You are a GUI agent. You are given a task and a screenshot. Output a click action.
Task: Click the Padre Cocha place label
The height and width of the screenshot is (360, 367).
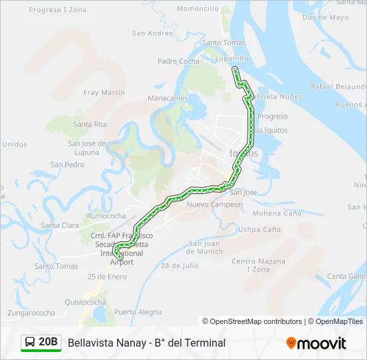pos(178,61)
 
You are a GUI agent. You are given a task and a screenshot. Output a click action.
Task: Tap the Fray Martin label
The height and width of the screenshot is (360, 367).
pos(104,93)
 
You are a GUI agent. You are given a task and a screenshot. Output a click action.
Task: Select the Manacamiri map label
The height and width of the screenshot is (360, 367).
pos(167,98)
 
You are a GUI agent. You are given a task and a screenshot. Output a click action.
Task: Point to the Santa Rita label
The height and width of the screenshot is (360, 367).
pos(90,124)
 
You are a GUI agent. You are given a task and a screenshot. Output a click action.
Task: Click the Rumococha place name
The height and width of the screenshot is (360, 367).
pos(107,216)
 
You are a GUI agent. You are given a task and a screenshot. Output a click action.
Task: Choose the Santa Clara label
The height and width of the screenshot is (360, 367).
pos(60,225)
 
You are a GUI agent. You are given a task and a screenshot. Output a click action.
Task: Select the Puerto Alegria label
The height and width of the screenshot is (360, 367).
pos(137,312)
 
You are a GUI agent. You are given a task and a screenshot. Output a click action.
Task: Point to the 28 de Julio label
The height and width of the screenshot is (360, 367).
pos(179,265)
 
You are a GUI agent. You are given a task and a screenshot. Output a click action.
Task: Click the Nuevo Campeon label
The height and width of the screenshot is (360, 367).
pos(214,204)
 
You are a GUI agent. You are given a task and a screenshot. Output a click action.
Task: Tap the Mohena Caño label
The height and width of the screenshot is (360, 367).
pos(277,213)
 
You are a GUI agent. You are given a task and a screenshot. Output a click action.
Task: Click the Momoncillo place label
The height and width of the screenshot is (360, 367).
pos(198,9)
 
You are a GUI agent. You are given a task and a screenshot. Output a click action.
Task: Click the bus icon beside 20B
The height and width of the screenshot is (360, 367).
pos(30,342)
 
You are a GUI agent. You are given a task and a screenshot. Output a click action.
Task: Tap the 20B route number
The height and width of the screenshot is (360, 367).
pos(49,342)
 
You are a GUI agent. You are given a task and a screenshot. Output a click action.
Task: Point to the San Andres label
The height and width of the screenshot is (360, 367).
pos(152,33)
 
